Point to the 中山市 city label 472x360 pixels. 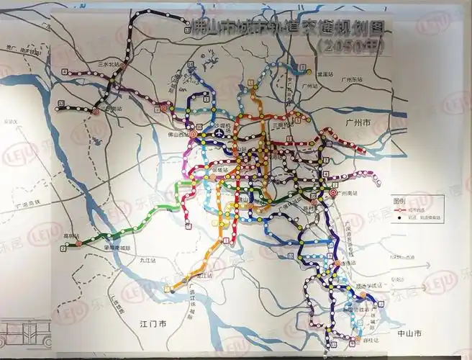point(409,333)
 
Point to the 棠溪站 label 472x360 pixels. point(326,73)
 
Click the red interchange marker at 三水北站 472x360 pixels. point(123,66)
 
